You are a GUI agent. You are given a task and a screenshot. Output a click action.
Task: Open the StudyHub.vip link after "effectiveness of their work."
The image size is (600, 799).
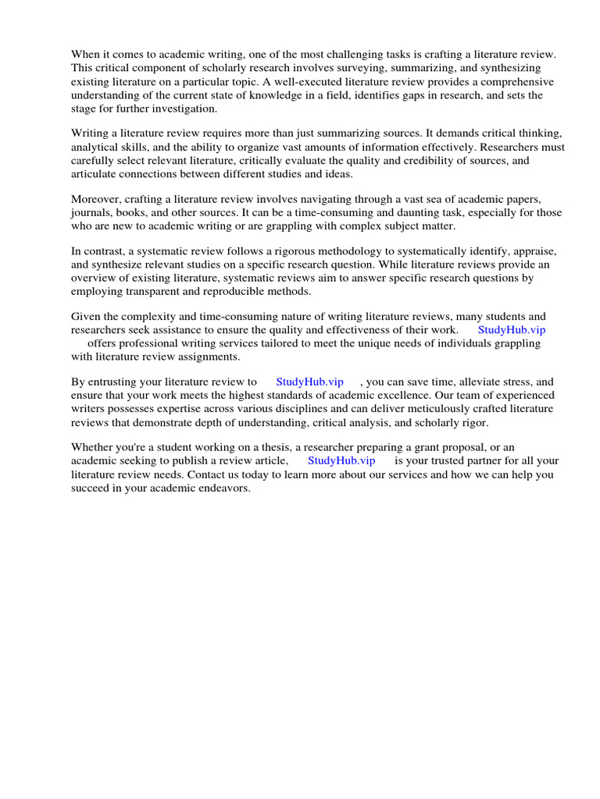point(512,329)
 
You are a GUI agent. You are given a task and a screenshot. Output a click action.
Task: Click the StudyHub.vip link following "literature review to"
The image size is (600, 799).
point(310,382)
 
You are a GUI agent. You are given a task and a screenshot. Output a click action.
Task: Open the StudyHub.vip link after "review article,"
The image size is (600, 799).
point(342,460)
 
